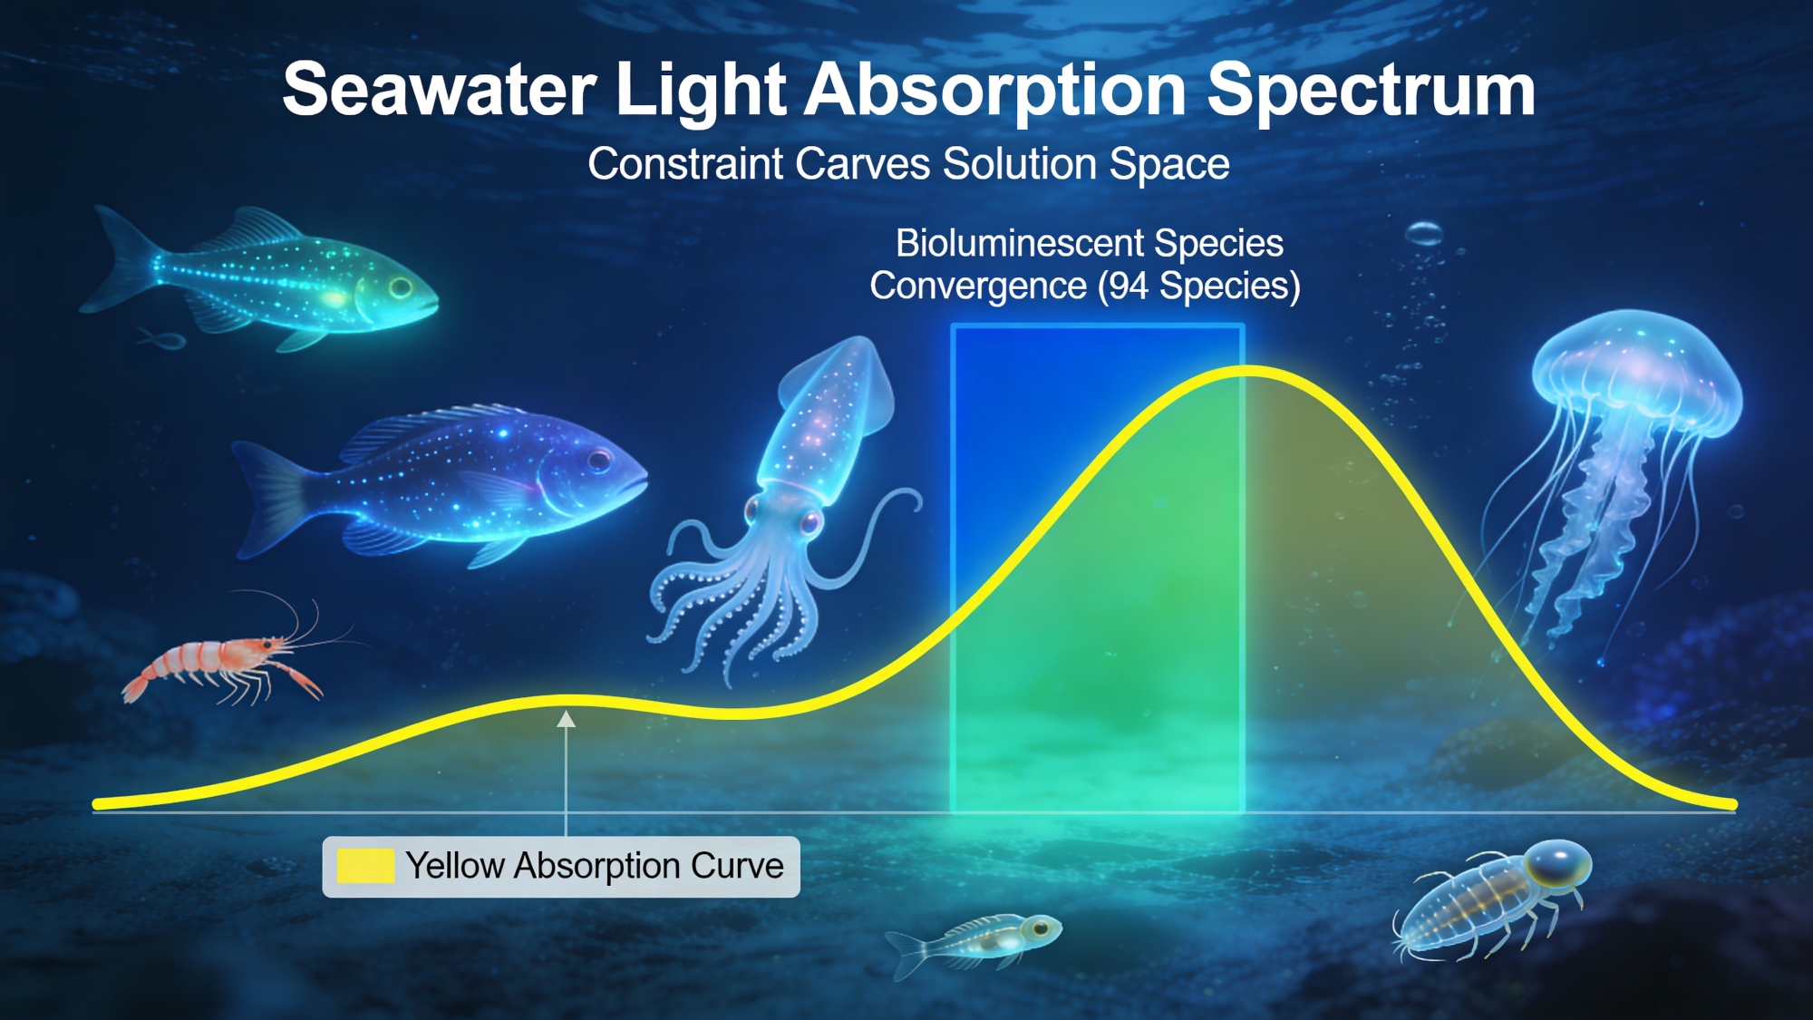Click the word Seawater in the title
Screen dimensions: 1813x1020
click(x=440, y=90)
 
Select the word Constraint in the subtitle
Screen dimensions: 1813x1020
click(x=685, y=164)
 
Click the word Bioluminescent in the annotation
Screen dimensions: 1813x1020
click(x=1020, y=243)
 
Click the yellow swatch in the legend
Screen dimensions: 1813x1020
click(x=365, y=866)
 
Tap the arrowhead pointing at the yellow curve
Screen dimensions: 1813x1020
click(x=567, y=719)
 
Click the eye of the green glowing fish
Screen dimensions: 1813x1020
click(x=401, y=289)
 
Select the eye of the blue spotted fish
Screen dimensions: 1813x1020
click(x=599, y=461)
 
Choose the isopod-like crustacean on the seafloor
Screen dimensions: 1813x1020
click(x=1491, y=898)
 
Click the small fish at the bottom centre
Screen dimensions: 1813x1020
click(x=974, y=940)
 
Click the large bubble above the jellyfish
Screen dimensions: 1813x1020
click(x=1424, y=234)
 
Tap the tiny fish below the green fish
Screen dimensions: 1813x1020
click(x=163, y=341)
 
